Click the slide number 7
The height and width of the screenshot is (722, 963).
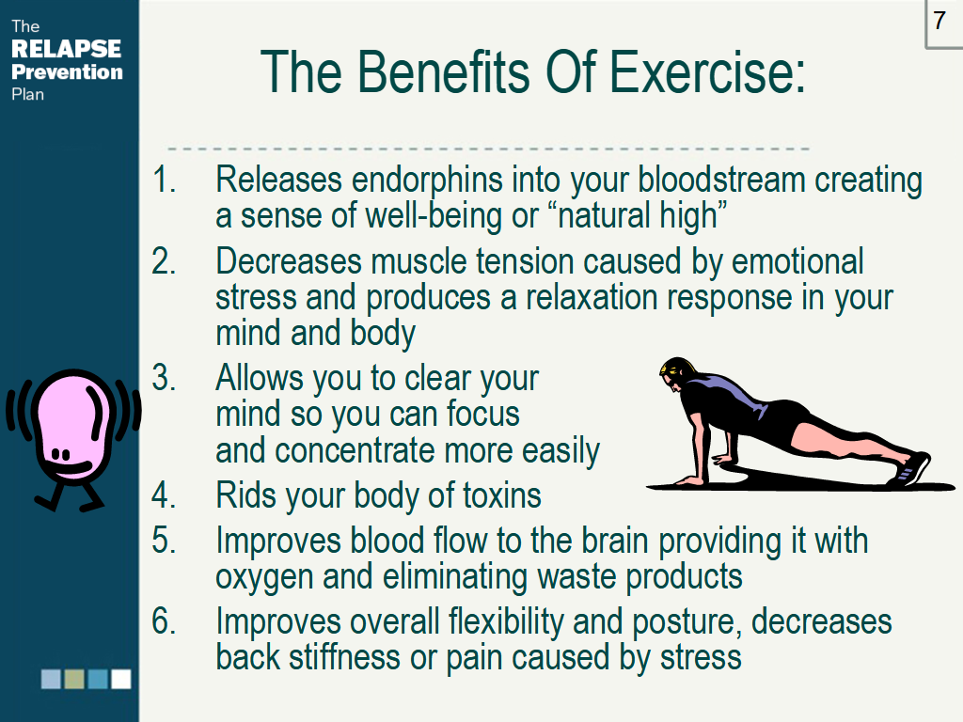[939, 21]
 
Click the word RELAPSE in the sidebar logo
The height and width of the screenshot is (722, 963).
[67, 49]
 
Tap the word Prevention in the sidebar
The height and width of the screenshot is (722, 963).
[67, 71]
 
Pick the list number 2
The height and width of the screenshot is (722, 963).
[164, 261]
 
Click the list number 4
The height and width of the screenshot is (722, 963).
[164, 495]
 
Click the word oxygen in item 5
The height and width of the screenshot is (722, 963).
[264, 578]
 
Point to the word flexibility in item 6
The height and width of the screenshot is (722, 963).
[506, 622]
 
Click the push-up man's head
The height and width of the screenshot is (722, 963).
[677, 373]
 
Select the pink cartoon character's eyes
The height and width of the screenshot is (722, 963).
[60, 454]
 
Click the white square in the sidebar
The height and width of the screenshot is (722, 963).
[121, 679]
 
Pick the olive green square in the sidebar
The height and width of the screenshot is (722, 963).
[74, 679]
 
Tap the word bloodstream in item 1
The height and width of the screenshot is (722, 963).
[721, 180]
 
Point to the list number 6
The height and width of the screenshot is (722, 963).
[164, 620]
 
